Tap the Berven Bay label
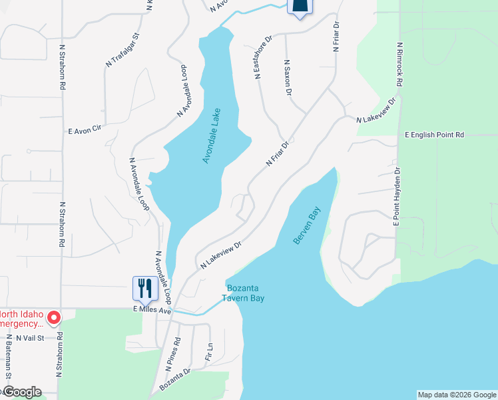306,225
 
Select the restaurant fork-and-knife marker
145,289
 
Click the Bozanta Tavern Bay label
246,293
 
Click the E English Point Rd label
434,135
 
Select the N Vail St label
30,338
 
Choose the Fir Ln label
209,351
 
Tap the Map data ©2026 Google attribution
457,395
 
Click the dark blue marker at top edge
300,7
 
